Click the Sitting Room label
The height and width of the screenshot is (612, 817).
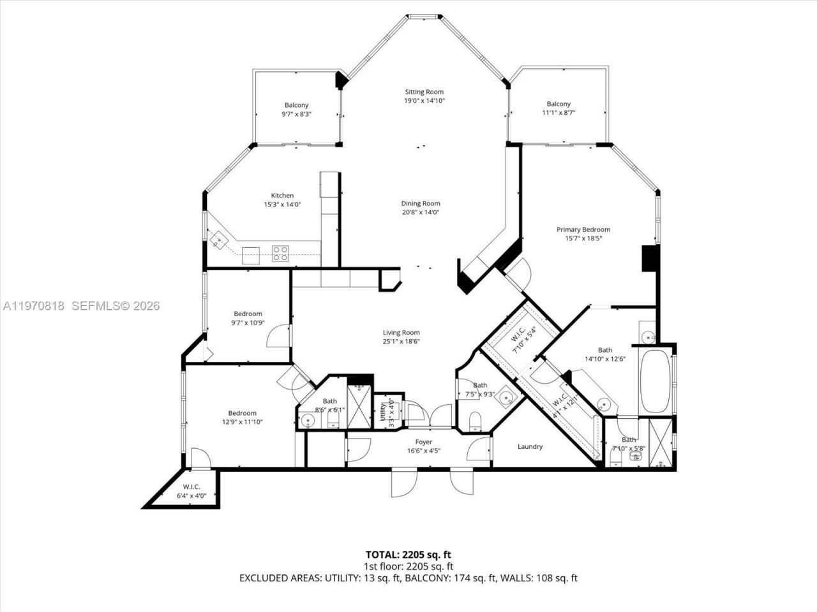(x=424, y=92)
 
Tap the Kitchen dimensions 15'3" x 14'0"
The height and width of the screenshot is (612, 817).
(x=282, y=205)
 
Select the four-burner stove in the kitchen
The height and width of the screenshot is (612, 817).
(x=280, y=253)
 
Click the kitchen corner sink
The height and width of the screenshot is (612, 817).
(x=219, y=240)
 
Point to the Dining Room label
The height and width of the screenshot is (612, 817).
(x=421, y=203)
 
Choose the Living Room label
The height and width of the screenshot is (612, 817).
(x=401, y=332)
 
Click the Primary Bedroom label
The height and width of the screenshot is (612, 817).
(x=583, y=229)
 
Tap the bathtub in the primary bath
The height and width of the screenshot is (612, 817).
(x=654, y=380)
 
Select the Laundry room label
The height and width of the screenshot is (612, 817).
(x=530, y=446)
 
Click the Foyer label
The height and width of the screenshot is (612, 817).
(x=424, y=442)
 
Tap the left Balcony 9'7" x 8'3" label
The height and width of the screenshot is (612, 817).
(x=296, y=105)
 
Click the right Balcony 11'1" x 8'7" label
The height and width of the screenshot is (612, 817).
(x=558, y=104)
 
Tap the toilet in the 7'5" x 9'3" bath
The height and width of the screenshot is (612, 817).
(x=475, y=421)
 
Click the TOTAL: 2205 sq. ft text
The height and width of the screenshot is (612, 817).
(x=408, y=554)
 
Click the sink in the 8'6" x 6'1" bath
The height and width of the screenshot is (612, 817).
(x=308, y=421)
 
